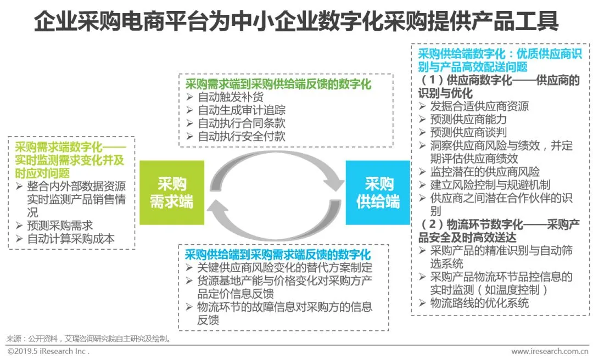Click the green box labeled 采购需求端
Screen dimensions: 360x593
coord(172,193)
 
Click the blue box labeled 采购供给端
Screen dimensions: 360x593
coord(378,193)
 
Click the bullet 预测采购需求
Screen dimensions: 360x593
coord(60,226)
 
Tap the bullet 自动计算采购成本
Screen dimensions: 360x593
coord(71,239)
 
